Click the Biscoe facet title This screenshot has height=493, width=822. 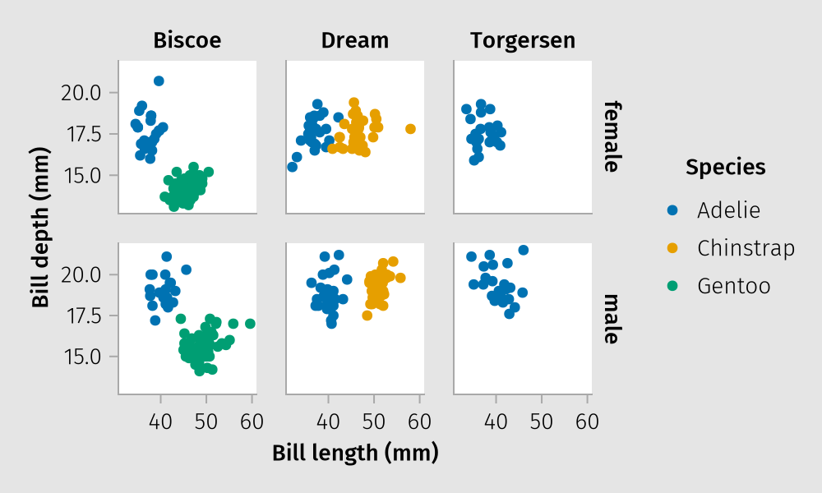click(x=187, y=40)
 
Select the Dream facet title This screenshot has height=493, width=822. click(x=355, y=40)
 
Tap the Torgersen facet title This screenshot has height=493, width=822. click(x=523, y=40)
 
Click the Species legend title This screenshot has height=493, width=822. click(x=726, y=168)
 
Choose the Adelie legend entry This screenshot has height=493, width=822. click(x=728, y=210)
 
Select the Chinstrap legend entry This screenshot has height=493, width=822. click(x=746, y=248)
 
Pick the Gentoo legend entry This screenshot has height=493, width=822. click(x=733, y=286)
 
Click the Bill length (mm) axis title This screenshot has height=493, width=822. click(x=355, y=453)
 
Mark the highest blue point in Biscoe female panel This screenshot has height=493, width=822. click(x=159, y=81)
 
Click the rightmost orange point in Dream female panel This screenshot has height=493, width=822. click(x=411, y=129)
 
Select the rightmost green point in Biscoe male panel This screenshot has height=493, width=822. click(x=250, y=324)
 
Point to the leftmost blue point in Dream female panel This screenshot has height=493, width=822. click(x=292, y=167)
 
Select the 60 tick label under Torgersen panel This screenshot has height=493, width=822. click(x=587, y=422)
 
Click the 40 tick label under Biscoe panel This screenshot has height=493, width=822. click(x=160, y=422)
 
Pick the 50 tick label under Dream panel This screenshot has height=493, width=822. click(x=373, y=422)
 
